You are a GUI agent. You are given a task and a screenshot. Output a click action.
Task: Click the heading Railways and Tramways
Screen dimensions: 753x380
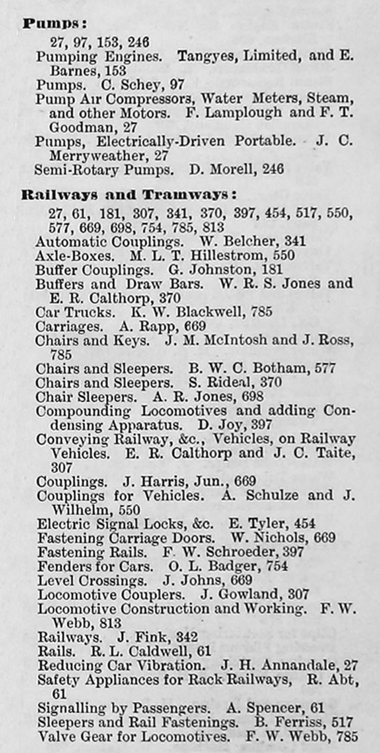click(128, 195)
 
